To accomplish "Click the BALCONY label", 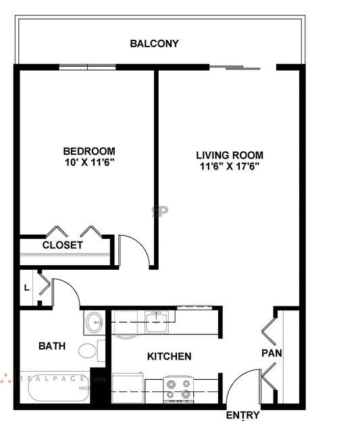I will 154,44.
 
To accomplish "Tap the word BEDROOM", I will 88,151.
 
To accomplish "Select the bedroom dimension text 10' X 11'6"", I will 88,163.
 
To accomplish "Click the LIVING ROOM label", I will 230,155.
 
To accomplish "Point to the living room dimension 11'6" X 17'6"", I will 230,166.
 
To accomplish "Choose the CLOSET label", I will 62,245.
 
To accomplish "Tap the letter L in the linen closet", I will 26,288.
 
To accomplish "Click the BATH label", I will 52,346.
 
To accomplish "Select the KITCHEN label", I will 169,356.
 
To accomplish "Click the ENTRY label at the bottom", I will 242,415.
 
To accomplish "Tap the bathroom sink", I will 94,322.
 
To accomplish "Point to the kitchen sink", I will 156,321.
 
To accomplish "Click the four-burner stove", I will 178,389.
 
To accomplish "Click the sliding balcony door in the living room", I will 234,67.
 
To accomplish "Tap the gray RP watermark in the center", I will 159,210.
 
